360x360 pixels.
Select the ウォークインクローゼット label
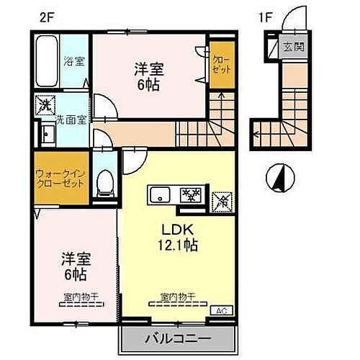(60, 177)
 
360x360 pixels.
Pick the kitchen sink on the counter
(161, 194)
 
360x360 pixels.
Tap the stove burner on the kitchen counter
(191, 194)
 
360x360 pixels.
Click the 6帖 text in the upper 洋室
(149, 84)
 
